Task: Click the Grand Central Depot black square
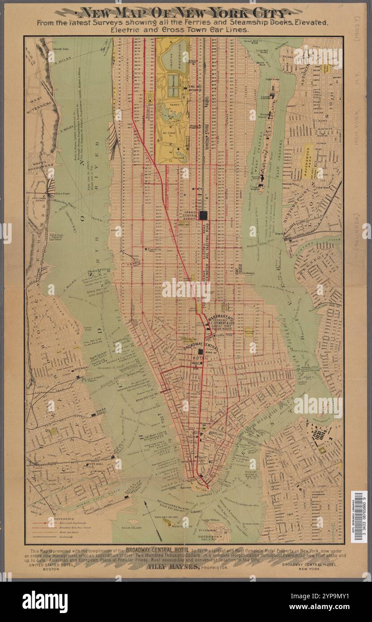[204, 215]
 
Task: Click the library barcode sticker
[359, 516]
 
